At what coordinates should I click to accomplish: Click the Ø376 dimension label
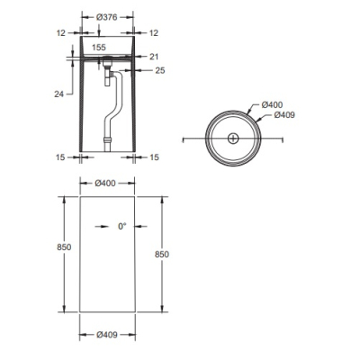coord(106,17)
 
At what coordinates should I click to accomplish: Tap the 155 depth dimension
coord(99,48)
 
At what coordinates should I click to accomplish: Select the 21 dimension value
coord(154,57)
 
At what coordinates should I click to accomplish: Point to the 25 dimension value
coord(160,70)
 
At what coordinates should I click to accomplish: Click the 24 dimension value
coord(59,94)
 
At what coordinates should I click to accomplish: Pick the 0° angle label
coord(121,227)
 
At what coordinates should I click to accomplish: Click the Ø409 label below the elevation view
coord(107,335)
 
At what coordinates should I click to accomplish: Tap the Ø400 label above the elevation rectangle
coord(105,183)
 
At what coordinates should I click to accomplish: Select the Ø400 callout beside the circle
coord(272,104)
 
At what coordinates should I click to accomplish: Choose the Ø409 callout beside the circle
coord(284,115)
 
